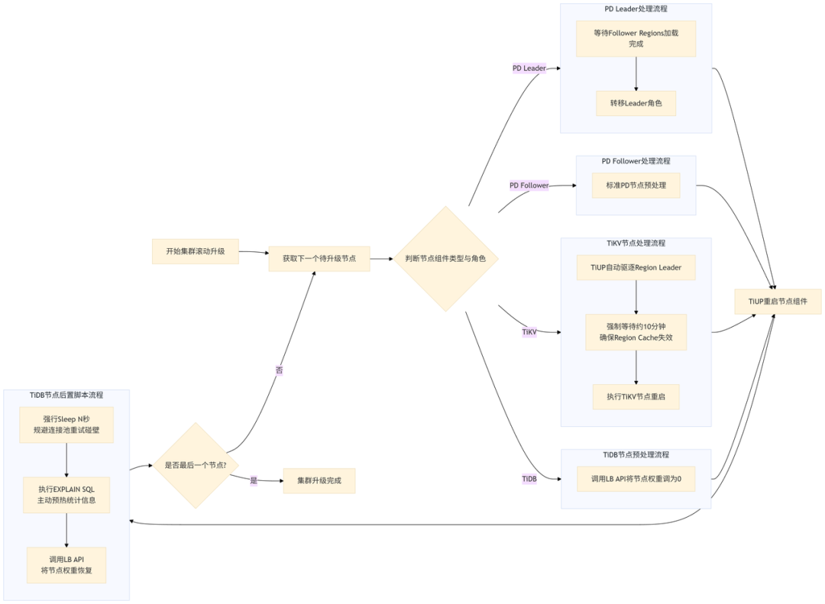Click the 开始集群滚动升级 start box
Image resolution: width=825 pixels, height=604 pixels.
[x=196, y=251]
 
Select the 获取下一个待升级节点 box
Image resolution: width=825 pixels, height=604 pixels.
[x=319, y=259]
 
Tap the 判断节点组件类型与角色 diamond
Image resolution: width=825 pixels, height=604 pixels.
[x=445, y=259]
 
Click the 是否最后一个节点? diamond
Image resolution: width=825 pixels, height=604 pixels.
[x=196, y=465]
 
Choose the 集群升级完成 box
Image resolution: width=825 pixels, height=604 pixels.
[x=319, y=481]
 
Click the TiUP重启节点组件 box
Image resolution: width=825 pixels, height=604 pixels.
[x=778, y=302]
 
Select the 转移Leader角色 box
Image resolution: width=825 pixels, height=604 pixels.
[x=636, y=103]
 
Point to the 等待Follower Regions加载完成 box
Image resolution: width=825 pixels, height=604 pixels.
[x=636, y=38]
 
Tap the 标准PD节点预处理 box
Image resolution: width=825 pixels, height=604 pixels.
[x=636, y=186]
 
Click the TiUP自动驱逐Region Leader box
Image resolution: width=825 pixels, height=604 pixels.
[x=636, y=267]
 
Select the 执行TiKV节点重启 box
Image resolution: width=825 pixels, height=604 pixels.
[x=636, y=397]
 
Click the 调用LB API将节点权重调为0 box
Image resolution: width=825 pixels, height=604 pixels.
[x=636, y=479]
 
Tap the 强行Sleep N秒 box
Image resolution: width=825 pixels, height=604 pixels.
[x=66, y=425]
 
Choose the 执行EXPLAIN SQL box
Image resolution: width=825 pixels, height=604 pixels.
[x=66, y=495]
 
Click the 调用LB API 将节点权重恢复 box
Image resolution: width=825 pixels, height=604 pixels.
[x=66, y=565]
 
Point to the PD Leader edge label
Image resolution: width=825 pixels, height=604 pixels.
[x=529, y=69]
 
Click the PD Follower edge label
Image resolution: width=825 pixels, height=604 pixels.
[x=529, y=186]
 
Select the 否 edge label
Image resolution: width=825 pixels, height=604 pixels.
[x=279, y=370]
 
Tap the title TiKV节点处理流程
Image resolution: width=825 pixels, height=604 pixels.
[x=636, y=244]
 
